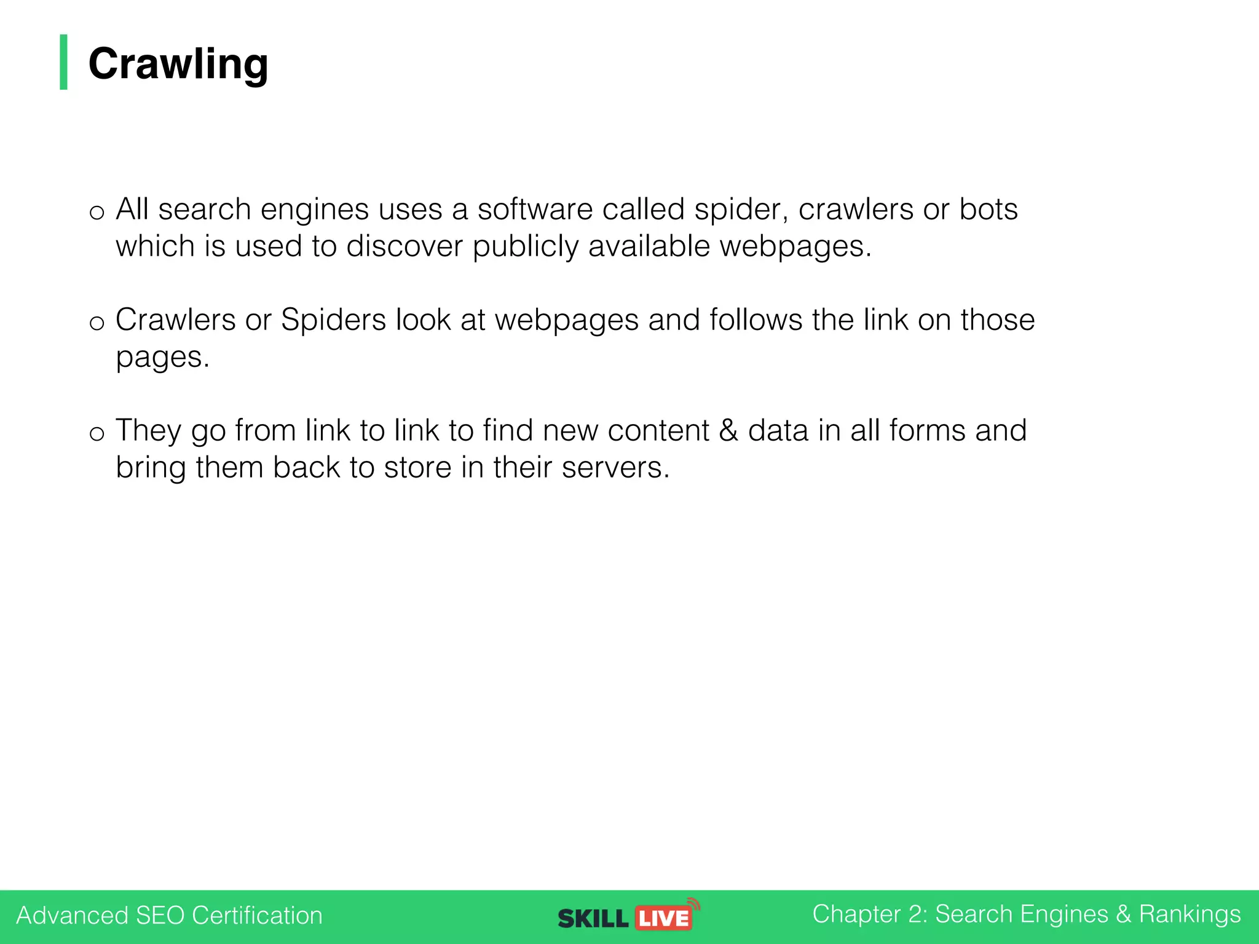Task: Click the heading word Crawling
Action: pyautogui.click(x=178, y=64)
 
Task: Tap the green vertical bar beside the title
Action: pyautogui.click(x=63, y=62)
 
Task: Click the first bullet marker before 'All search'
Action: pyautogui.click(x=97, y=213)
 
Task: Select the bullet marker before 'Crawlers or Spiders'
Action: pyautogui.click(x=97, y=323)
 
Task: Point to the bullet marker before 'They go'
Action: pyautogui.click(x=97, y=434)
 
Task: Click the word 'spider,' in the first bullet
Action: pyautogui.click(x=741, y=210)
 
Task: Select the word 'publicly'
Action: pyautogui.click(x=526, y=247)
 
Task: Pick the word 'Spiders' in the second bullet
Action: pyautogui.click(x=333, y=320)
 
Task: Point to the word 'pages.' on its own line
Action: pyautogui.click(x=163, y=358)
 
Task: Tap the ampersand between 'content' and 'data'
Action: pyautogui.click(x=728, y=430)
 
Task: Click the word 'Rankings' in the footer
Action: pyautogui.click(x=1190, y=914)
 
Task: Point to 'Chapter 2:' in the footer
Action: pyautogui.click(x=869, y=914)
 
